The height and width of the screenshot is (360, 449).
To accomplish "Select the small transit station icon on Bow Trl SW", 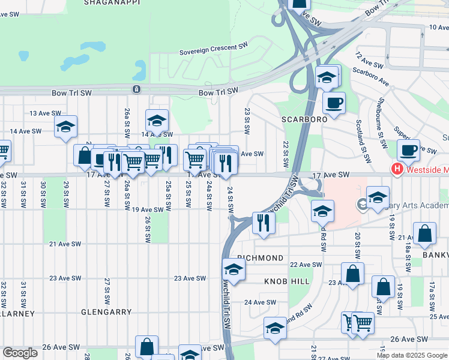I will (x=137, y=89).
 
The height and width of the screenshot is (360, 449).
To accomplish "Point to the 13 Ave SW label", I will (x=46, y=113).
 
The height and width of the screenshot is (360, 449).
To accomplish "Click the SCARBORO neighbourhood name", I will (x=305, y=119).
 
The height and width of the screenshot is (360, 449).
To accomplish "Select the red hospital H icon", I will (x=396, y=170).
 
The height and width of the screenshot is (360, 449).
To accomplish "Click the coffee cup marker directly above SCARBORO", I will (x=334, y=102).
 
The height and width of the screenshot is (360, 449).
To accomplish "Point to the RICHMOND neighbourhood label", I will (x=261, y=257).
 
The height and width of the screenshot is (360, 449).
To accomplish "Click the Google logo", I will (x=20, y=353).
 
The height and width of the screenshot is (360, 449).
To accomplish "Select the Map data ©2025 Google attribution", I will (x=412, y=355).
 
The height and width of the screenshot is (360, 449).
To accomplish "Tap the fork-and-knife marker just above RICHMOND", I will (x=264, y=222).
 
